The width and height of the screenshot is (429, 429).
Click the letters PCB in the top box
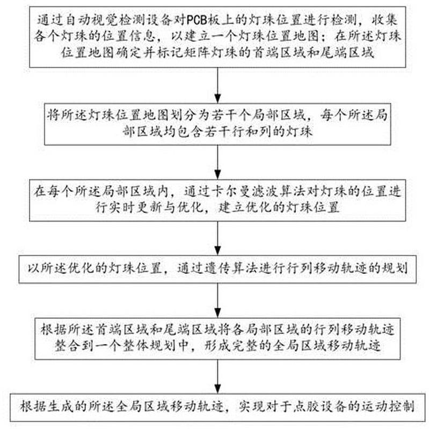click(197, 20)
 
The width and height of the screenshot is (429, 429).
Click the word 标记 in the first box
click(169, 52)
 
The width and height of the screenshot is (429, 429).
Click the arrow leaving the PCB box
click(217, 85)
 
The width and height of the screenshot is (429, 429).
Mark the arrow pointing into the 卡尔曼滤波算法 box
click(217, 162)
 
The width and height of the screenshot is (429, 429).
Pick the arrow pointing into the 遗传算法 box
click(217, 238)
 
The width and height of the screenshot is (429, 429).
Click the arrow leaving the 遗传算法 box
click(217, 301)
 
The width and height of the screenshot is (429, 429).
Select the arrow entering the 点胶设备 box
click(217, 377)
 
